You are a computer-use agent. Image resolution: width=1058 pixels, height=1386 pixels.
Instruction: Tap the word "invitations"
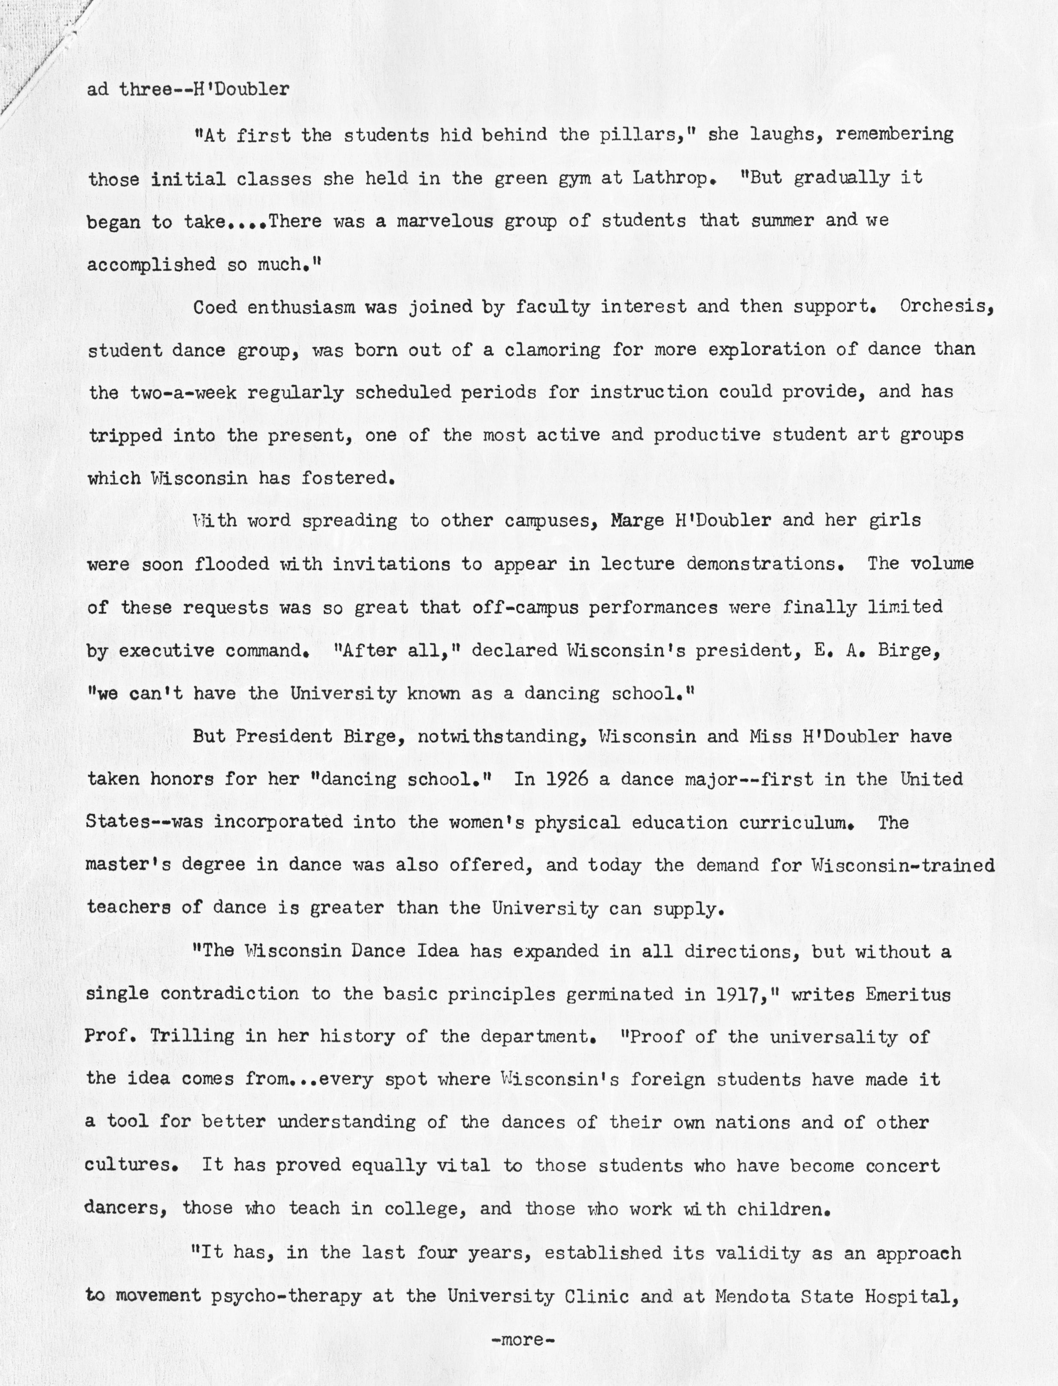[391, 564]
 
